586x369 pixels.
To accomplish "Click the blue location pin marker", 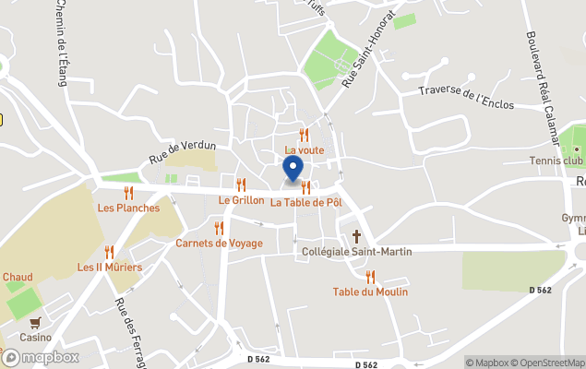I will [x=293, y=170].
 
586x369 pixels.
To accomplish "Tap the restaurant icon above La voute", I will [x=304, y=136].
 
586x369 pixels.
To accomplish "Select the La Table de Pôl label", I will [x=306, y=202].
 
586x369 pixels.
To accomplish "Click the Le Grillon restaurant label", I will [x=241, y=199].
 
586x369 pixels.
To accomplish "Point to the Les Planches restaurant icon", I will [x=128, y=193].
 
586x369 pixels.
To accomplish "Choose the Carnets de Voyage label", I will [x=219, y=244].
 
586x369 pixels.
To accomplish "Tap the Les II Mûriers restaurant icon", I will [x=109, y=253].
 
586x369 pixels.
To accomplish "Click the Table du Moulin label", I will [x=370, y=292].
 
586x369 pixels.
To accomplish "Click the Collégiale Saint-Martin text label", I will [x=357, y=251].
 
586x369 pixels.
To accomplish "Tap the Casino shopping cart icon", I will [x=35, y=323].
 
